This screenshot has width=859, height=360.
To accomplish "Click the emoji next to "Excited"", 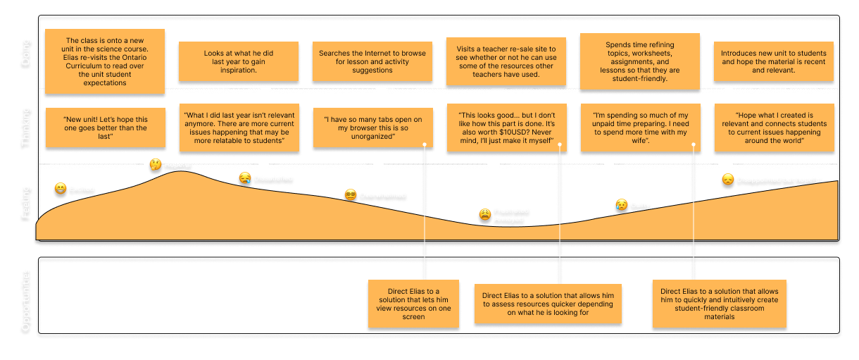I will [61, 189].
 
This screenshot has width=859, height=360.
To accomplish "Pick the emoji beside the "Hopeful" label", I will [155, 165].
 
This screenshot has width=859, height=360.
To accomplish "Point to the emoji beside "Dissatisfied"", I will [244, 179].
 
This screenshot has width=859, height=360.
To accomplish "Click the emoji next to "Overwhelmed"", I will [351, 194].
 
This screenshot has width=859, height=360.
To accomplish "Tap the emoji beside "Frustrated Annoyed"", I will [485, 215].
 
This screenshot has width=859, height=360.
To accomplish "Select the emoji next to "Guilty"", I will [621, 205].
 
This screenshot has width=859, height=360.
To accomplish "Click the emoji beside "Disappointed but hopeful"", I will [727, 180].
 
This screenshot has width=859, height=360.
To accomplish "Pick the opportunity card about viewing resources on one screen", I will [413, 304].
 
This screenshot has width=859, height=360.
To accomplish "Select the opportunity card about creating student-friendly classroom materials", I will [719, 302].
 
